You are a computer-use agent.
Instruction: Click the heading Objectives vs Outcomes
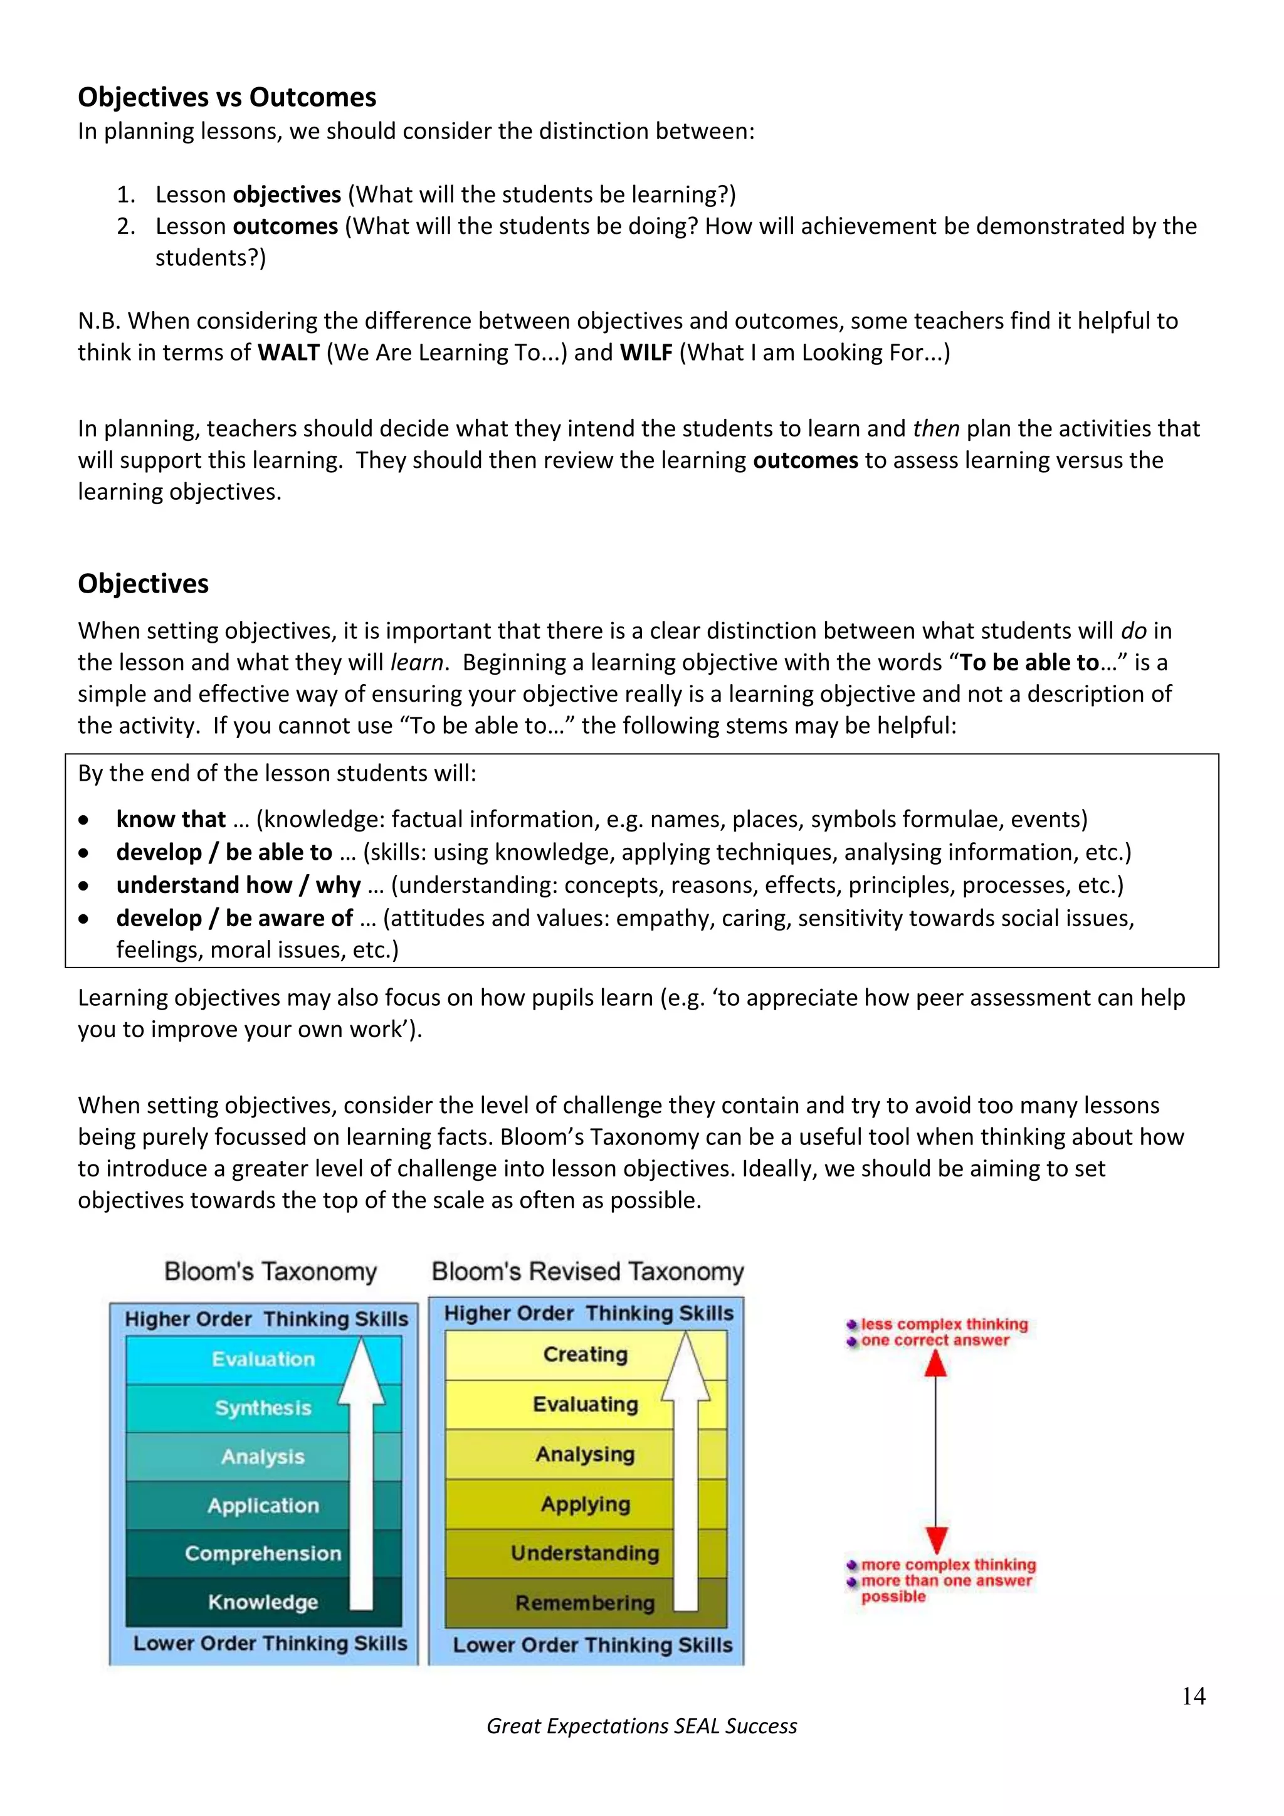227,97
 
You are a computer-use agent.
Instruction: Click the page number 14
1193,1696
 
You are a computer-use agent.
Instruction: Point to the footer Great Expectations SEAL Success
641,1726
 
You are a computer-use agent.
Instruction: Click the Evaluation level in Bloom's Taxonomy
263,1359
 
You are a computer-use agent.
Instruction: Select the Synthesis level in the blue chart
263,1408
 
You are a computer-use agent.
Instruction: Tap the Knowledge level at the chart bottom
263,1602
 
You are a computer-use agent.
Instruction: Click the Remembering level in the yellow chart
585,1602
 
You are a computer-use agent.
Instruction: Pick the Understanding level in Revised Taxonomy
585,1553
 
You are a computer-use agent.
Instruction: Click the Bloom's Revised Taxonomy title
587,1271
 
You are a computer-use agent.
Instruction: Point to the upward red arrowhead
936,1364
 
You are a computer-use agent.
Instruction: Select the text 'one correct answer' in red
935,1340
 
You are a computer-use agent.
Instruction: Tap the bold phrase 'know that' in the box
171,820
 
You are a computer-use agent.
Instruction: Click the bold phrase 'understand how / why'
239,885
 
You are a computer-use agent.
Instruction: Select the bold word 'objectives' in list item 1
287,194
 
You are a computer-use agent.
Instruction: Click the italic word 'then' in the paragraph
935,429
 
